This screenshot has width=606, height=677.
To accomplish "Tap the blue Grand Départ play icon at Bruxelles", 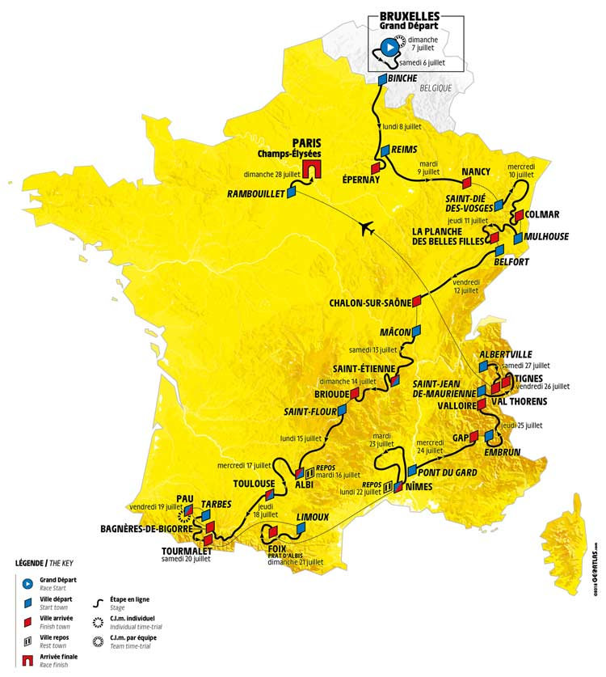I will pos(389,48).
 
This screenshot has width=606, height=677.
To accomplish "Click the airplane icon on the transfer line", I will pos(369,229).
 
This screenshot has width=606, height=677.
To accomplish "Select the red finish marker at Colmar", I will pos(519,215).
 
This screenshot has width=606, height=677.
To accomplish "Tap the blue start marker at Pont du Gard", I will pos(412,471).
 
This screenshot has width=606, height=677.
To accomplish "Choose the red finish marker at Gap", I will pos(475,438).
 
